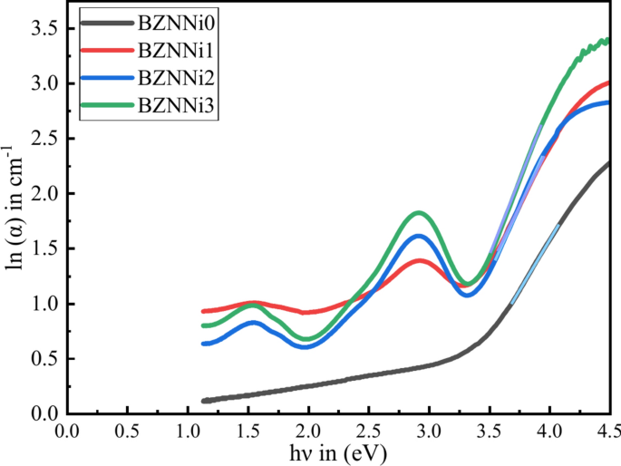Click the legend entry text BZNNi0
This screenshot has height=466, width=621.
176,19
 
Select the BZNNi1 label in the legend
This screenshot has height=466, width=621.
176,48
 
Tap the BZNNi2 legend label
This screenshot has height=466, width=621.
176,78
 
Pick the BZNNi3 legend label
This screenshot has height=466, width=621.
176,107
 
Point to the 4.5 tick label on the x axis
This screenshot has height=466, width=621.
608,429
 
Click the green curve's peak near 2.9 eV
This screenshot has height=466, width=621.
418,213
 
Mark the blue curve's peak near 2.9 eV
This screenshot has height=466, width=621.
418,236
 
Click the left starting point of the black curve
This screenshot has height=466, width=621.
204,401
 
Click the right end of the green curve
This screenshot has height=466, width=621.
606,40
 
